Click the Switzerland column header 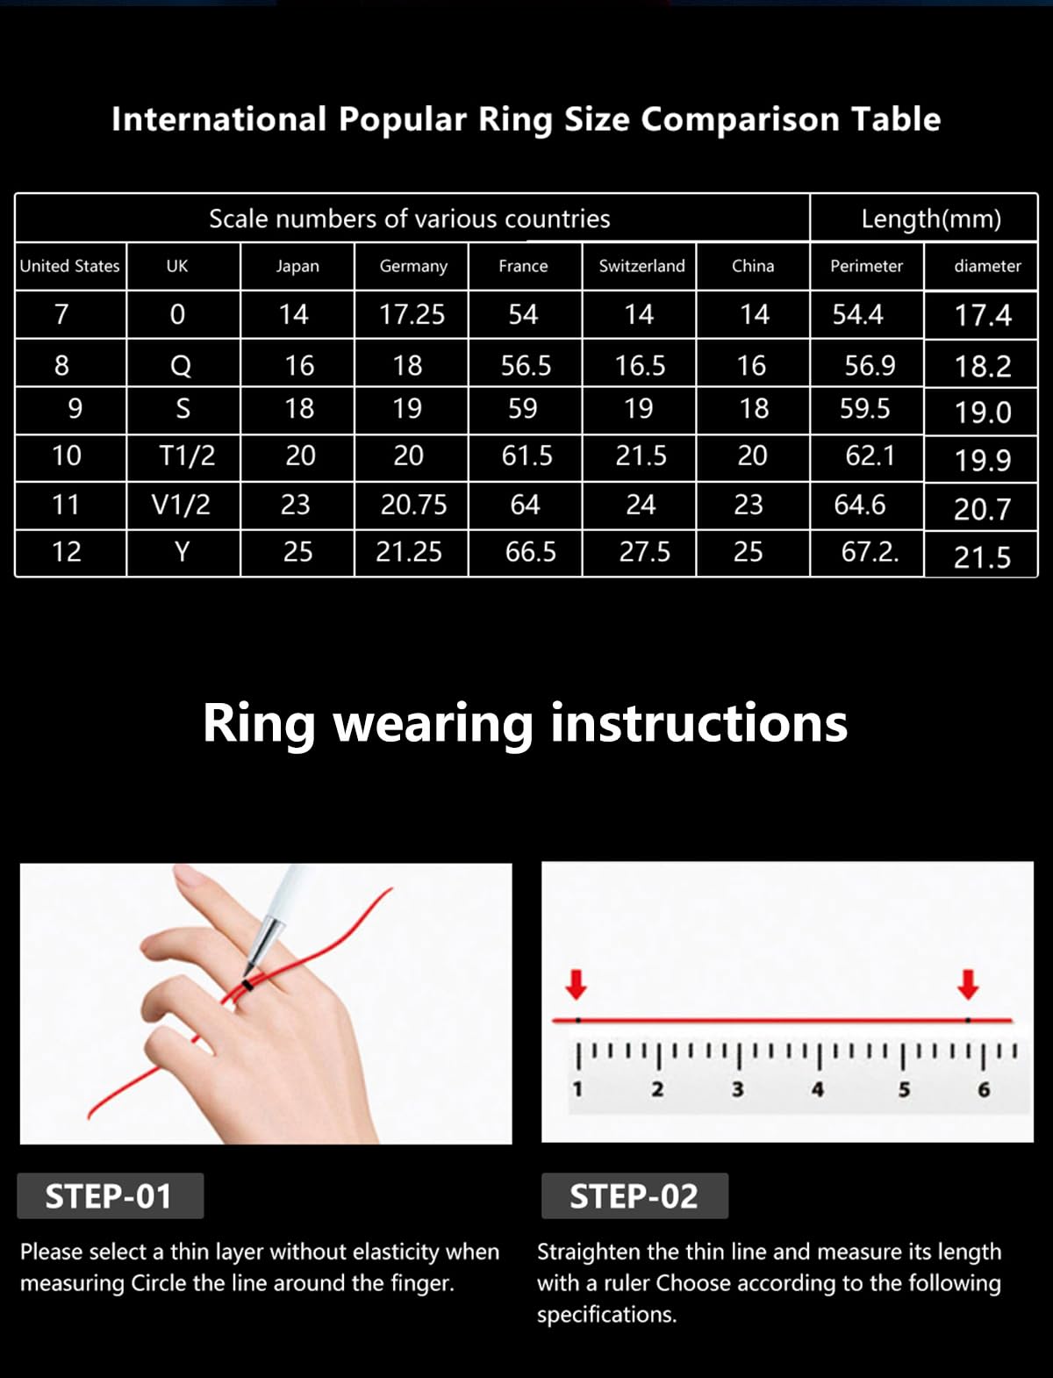(x=641, y=266)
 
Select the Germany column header (x=413, y=267)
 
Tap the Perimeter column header (x=867, y=266)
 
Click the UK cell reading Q (x=181, y=365)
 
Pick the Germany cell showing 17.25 (x=412, y=314)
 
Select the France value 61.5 (x=526, y=456)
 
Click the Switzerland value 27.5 (x=644, y=552)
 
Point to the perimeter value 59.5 (x=864, y=409)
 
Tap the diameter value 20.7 (x=983, y=509)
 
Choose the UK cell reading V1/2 (x=181, y=505)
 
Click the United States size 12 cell (x=67, y=552)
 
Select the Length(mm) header (x=931, y=219)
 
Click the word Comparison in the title (x=741, y=119)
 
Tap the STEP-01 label (x=109, y=1196)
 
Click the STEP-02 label (x=634, y=1196)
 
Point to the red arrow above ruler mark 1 (x=576, y=985)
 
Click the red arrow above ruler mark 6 (x=968, y=985)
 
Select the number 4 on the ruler (x=818, y=1089)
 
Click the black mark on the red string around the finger (x=247, y=986)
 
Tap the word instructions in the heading (x=699, y=723)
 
